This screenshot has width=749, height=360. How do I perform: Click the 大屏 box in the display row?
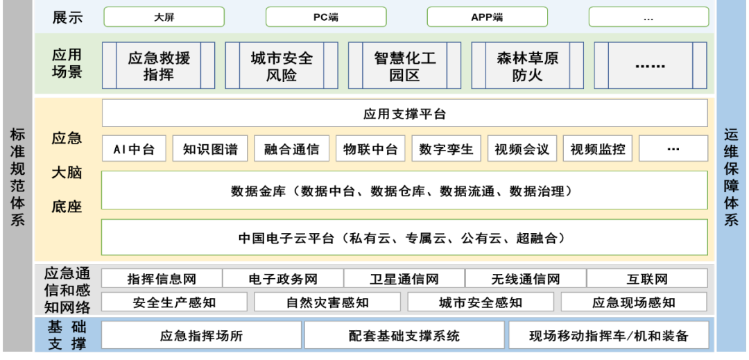tap(164, 17)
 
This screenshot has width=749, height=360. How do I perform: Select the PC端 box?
tap(325, 17)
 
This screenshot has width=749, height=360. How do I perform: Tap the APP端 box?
tap(487, 17)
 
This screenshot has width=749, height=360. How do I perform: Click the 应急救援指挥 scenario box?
tap(159, 66)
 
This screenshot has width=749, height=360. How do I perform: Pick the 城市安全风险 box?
tap(282, 66)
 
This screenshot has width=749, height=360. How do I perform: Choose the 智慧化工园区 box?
tap(404, 66)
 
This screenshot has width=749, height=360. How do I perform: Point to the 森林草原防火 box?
tap(527, 66)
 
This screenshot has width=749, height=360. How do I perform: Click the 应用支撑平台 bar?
tap(404, 114)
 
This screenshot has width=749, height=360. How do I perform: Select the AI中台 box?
tap(134, 149)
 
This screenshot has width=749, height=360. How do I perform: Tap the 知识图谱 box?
tap(210, 149)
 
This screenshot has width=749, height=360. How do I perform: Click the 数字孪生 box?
tap(446, 149)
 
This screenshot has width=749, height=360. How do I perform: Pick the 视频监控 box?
tap(597, 149)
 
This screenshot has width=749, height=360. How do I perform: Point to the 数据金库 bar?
tap(404, 191)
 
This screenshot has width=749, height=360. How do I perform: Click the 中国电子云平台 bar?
tap(404, 238)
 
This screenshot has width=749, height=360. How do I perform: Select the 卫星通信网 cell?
tap(404, 280)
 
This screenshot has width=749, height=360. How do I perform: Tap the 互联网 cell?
tap(646, 280)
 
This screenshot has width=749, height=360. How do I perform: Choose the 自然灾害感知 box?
tap(327, 302)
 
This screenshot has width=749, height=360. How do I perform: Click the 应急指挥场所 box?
tap(202, 336)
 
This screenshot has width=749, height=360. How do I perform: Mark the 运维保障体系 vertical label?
tap(732, 177)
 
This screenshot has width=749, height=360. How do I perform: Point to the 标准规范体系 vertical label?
tap(17, 177)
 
